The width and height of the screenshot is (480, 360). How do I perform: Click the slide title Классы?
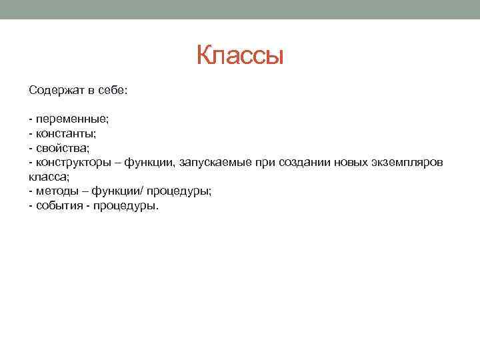point(240,56)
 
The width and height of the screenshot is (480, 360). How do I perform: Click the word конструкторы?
point(72,163)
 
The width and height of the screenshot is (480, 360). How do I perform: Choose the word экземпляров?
point(405,163)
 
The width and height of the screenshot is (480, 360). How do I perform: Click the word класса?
point(47,177)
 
